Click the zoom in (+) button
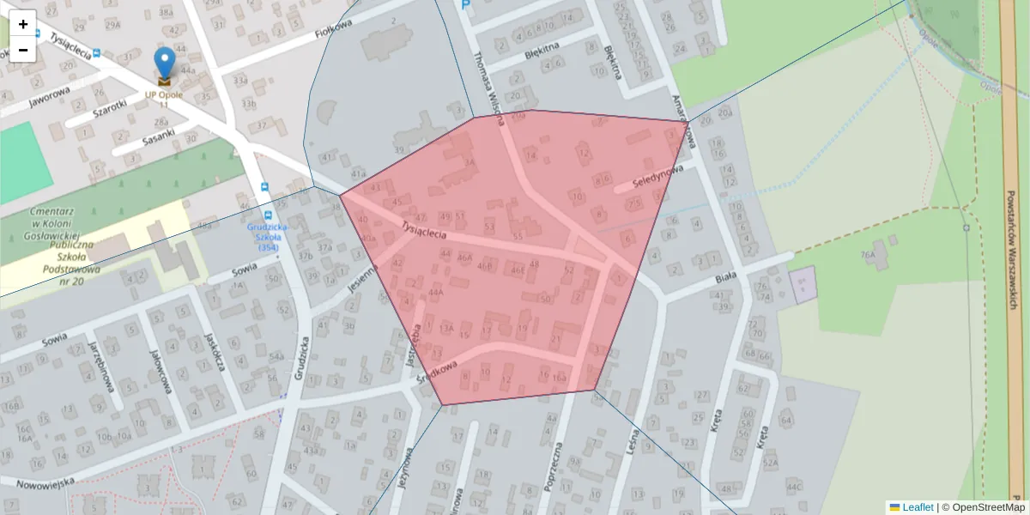click(x=22, y=23)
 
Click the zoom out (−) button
click(x=22, y=49)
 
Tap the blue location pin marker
click(x=164, y=65)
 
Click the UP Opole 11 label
click(x=163, y=100)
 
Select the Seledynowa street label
click(x=657, y=178)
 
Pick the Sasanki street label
click(x=160, y=135)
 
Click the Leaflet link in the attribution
click(x=918, y=507)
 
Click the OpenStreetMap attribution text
click(x=987, y=507)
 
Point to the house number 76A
click(x=868, y=255)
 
